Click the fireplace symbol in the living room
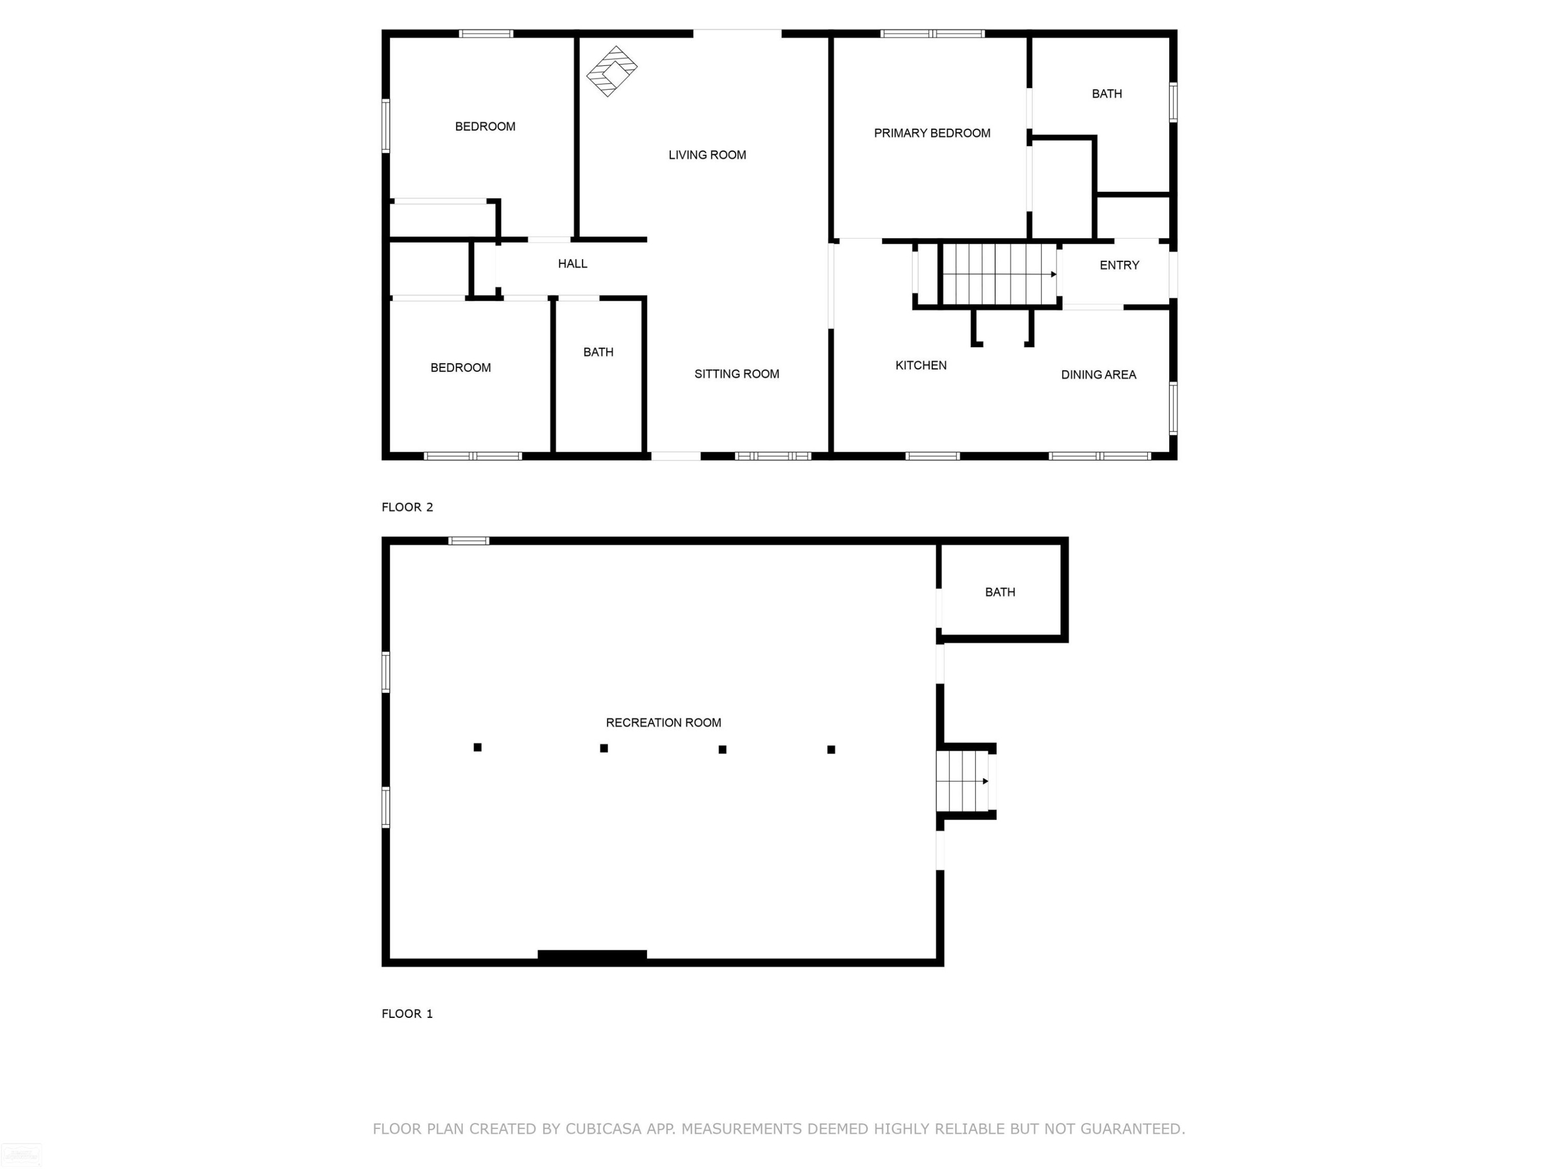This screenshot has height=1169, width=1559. pos(612,71)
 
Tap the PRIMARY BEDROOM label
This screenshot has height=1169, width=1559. pos(932,133)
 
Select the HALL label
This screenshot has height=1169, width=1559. pos(572,263)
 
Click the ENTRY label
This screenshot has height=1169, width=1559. pos(1119,265)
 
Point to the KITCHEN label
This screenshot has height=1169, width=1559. pos(920,365)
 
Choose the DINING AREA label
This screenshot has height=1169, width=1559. pos(1098,375)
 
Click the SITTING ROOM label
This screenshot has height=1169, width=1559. pos(736,374)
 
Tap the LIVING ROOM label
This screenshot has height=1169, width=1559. pos(707,155)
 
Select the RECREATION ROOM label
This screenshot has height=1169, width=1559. pos(663,722)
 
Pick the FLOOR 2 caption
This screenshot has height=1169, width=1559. pos(407,507)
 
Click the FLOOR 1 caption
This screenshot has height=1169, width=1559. pos(407,1013)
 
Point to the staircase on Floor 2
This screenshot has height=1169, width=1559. pos(999,274)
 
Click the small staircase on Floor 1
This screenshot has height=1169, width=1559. pos(963,781)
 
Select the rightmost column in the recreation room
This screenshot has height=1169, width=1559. pos(831,750)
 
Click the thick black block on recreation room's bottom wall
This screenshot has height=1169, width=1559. pos(592,955)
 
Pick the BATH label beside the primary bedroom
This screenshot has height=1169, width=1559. pos(1106,94)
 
